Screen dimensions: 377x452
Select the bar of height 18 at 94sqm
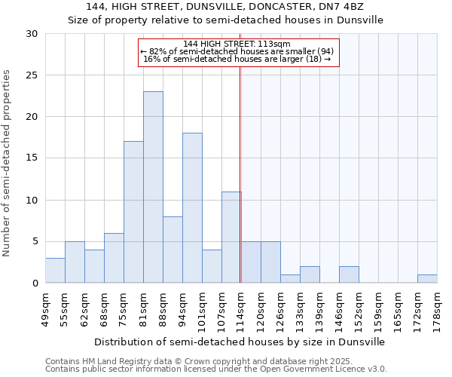click(192, 208)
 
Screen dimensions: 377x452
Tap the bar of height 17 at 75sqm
click(133, 212)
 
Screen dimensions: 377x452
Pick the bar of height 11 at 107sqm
click(231, 237)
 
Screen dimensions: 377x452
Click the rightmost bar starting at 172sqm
click(427, 278)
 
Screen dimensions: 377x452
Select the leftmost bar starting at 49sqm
click(55, 270)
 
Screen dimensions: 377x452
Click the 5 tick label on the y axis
click(35, 241)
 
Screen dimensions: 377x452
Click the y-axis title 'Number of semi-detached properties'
click(8, 163)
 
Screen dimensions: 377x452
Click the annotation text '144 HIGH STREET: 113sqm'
click(237, 44)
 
